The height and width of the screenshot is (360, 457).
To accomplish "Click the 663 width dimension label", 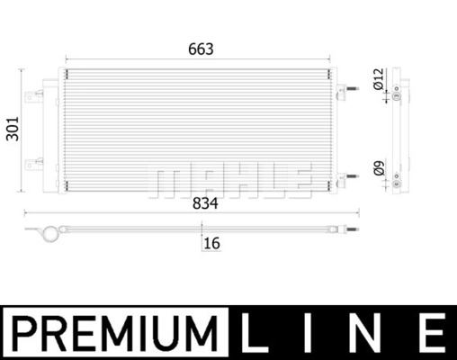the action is (201, 49).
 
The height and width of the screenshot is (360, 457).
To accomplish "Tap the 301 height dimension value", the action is (13, 129).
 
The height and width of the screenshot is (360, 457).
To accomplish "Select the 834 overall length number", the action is (205, 203).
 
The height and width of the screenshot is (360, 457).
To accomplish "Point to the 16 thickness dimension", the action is (212, 243).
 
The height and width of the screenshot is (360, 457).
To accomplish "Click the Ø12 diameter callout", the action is (379, 79).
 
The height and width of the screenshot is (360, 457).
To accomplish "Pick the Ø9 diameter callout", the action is (379, 168).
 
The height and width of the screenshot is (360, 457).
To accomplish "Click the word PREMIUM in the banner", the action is (115, 333).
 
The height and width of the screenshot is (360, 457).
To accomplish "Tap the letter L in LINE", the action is (254, 332).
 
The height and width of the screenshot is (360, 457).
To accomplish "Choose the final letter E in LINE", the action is (434, 332).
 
